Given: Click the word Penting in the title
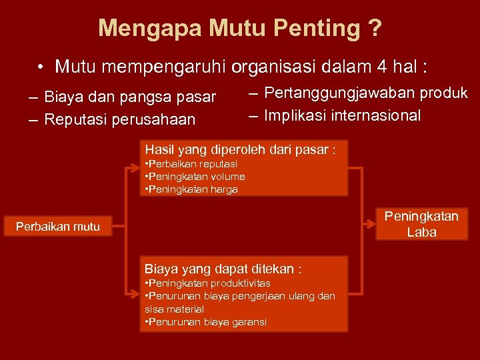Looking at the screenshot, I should tap(322, 28).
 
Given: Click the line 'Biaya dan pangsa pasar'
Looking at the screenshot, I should tap(131, 97).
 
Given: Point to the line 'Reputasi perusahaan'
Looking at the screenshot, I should tap(120, 119).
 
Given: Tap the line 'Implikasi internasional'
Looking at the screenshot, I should tap(342, 115).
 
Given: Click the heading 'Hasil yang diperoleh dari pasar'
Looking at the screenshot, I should tap(239, 149).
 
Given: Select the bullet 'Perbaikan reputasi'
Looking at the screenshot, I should tap(191, 164).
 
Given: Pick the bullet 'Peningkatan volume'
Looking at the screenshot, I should tap(195, 177).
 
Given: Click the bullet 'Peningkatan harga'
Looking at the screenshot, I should tap(191, 189).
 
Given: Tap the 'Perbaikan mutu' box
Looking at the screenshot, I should tap(58, 227).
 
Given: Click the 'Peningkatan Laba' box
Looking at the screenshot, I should tap(421, 224).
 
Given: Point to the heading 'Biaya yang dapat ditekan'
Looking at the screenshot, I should tap(223, 269).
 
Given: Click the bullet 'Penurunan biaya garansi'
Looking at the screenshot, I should tap(206, 322).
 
